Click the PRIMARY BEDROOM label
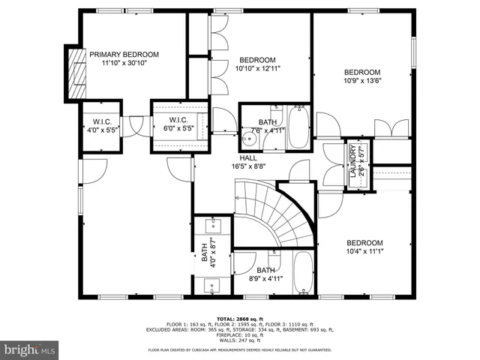tap(124, 54)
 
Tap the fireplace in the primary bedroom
tap(76, 72)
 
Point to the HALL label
tap(248, 158)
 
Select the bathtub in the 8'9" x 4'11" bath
tap(302, 274)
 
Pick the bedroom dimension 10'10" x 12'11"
tap(257, 69)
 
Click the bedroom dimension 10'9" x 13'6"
tap(363, 80)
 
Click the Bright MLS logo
tap(30, 349)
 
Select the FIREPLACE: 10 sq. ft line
tap(240, 334)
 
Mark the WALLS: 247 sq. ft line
tap(240, 340)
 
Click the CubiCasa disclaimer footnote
tap(240, 349)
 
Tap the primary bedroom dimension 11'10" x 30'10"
tap(124, 64)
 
